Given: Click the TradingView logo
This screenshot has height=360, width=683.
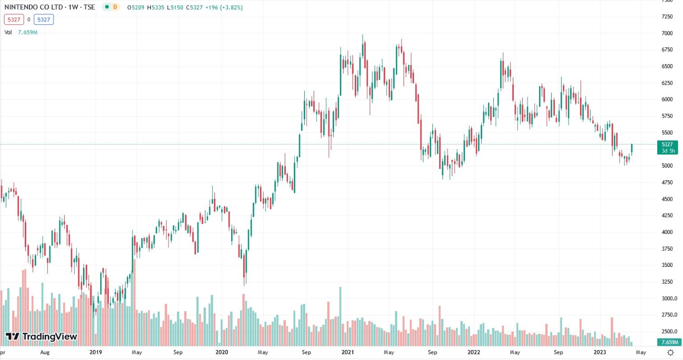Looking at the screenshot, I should tap(42, 336).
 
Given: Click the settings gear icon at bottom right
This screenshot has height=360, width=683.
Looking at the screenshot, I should tap(670, 352).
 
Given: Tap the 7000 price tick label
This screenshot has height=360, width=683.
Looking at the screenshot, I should tap(667, 33).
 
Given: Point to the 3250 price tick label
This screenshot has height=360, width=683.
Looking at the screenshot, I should tap(667, 282).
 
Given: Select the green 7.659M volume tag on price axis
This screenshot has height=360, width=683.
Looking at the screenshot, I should tap(667, 343).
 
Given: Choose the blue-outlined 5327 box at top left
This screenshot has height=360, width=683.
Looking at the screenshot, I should tap(44, 20).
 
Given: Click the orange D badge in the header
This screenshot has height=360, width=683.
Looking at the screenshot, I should tap(115, 7).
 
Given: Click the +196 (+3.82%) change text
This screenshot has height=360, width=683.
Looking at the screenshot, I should tap(224, 7).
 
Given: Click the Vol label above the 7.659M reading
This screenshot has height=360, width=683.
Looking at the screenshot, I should tap(8, 32).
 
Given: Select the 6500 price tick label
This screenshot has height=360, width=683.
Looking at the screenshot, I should tap(667, 66).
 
